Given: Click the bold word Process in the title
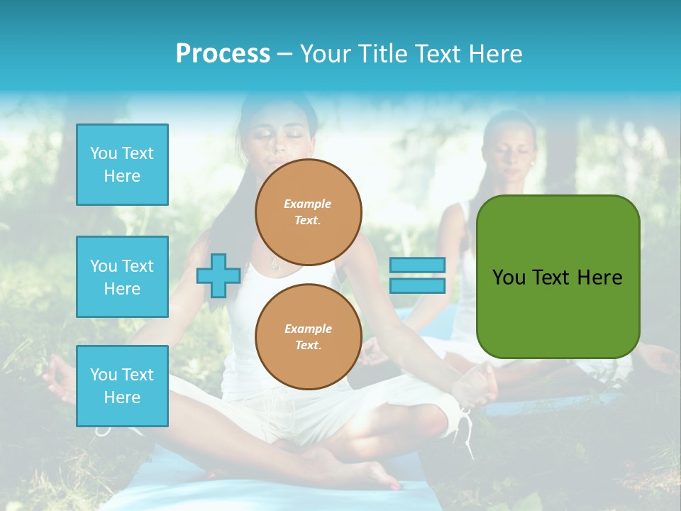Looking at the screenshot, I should (x=223, y=54).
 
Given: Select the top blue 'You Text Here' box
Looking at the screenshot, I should (x=122, y=165).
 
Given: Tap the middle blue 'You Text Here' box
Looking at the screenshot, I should (x=122, y=277).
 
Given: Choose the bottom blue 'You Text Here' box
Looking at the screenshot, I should (x=122, y=386).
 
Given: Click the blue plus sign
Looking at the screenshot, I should (x=218, y=276).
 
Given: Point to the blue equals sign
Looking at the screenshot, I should (x=417, y=275).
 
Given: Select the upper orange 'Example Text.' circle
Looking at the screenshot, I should (x=309, y=212).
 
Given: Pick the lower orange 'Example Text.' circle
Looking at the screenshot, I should (x=309, y=337).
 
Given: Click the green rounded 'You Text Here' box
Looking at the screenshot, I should (x=558, y=277).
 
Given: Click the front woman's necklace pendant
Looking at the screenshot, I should (x=274, y=267).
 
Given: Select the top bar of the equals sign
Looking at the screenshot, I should (x=417, y=265).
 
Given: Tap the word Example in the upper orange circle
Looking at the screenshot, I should (x=307, y=204).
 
